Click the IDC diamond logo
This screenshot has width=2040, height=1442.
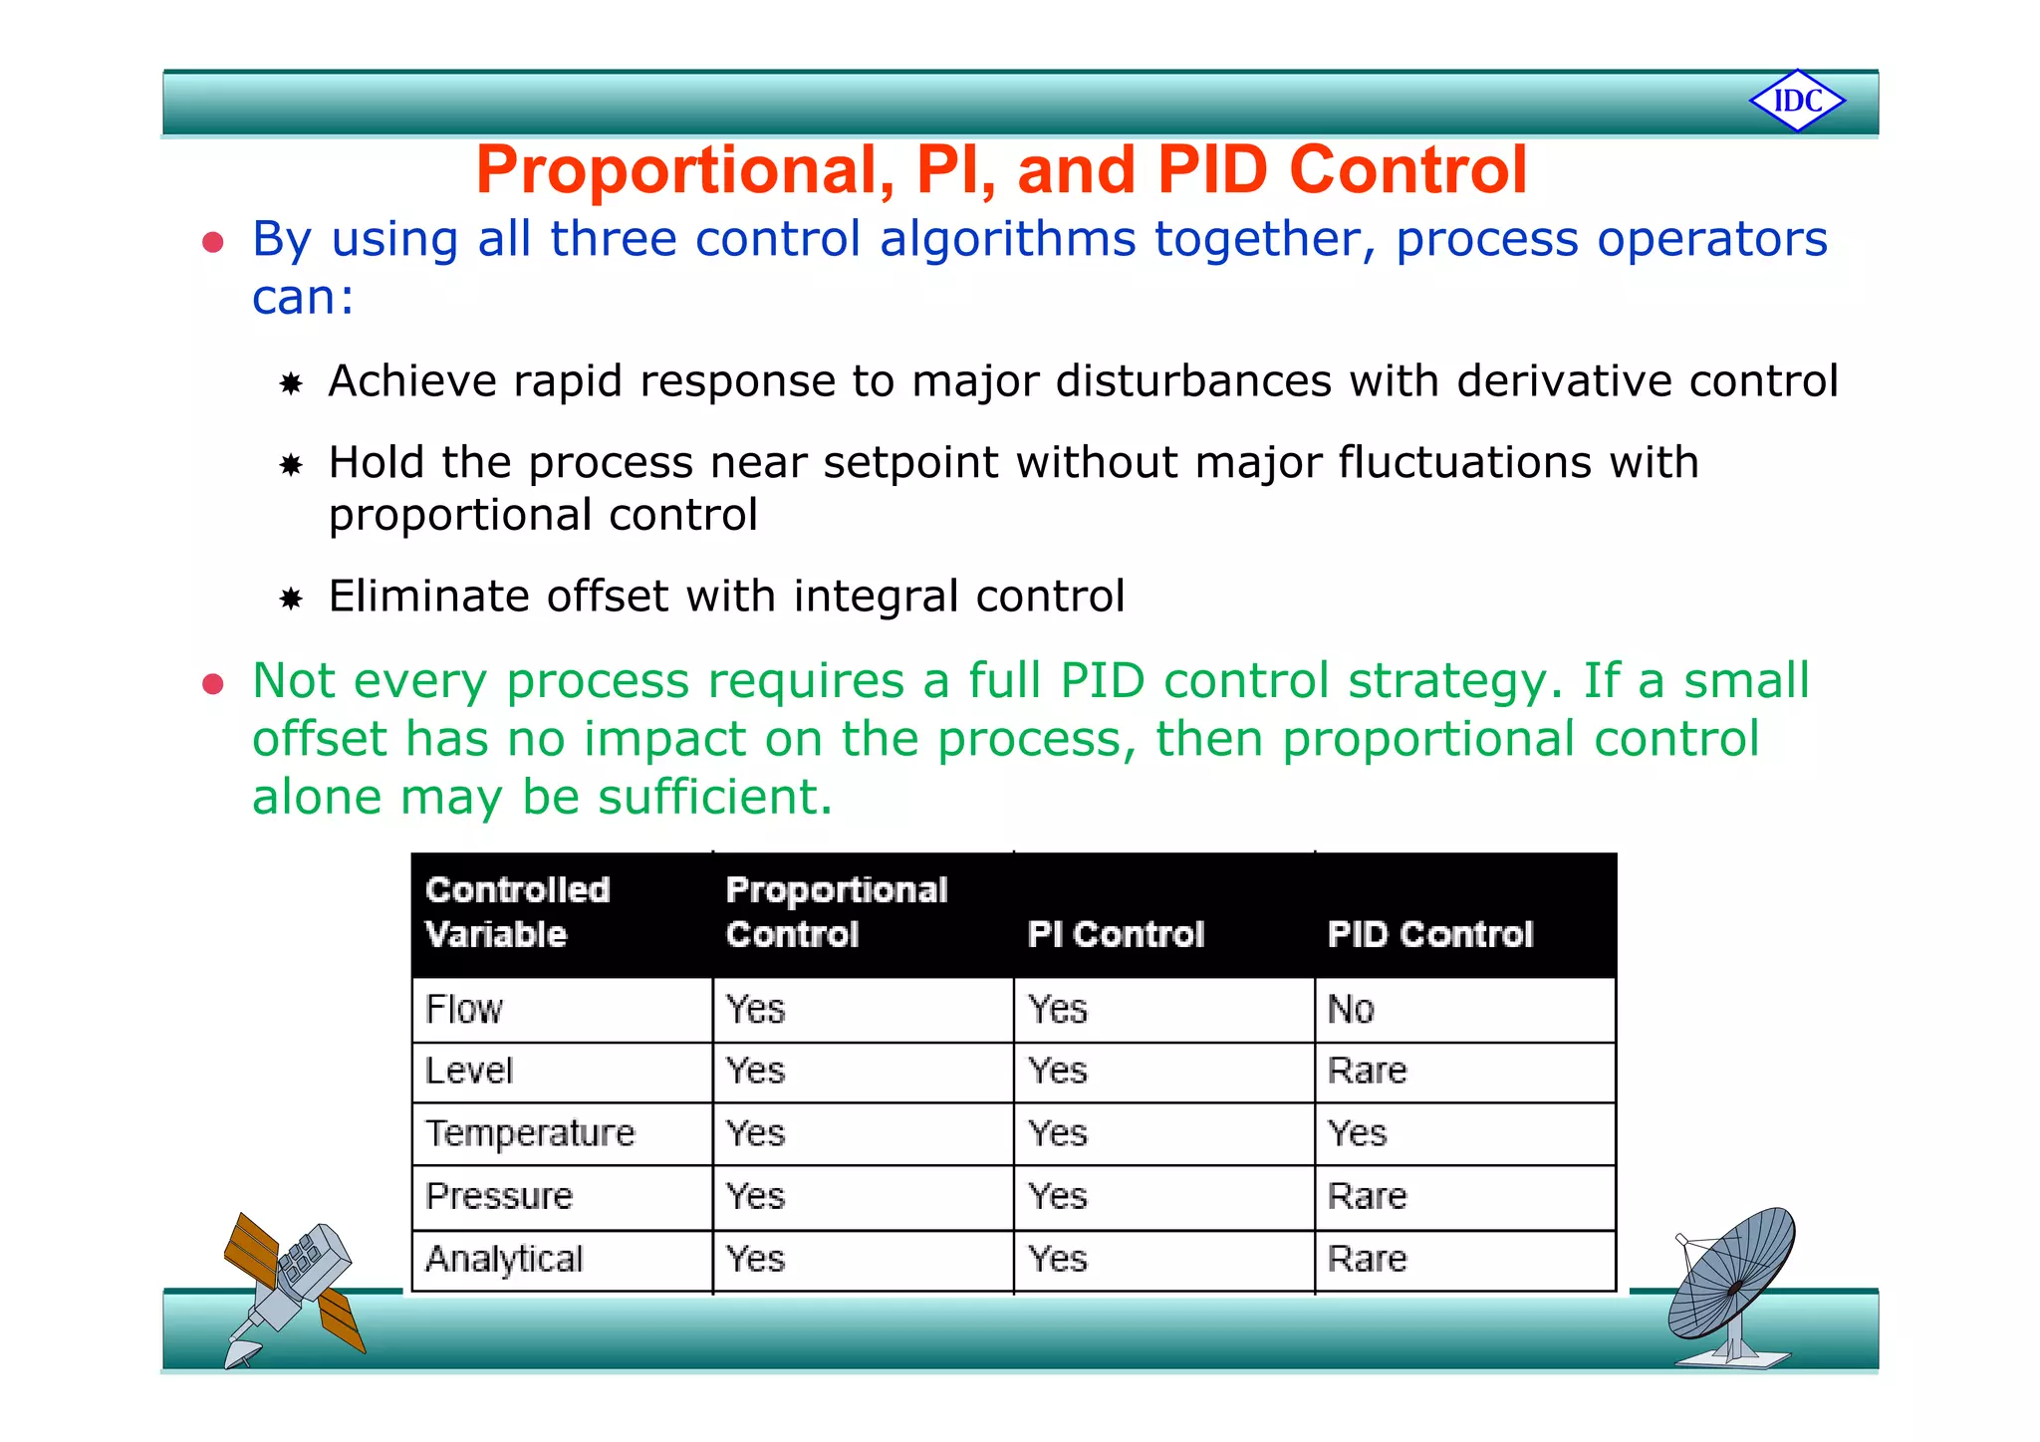(1797, 101)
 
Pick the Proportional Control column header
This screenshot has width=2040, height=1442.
(837, 912)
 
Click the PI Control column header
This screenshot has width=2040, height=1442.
(1116, 934)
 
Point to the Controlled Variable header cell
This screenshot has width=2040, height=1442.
(517, 912)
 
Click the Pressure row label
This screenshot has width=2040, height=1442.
(499, 1196)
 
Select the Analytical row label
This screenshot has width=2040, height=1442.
(504, 1259)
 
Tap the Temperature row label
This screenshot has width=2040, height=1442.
(530, 1133)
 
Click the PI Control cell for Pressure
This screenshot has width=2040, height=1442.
(1058, 1196)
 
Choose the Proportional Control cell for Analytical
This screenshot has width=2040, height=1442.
(756, 1259)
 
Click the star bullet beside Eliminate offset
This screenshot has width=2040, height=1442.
(291, 599)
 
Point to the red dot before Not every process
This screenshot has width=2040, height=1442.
(212, 684)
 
